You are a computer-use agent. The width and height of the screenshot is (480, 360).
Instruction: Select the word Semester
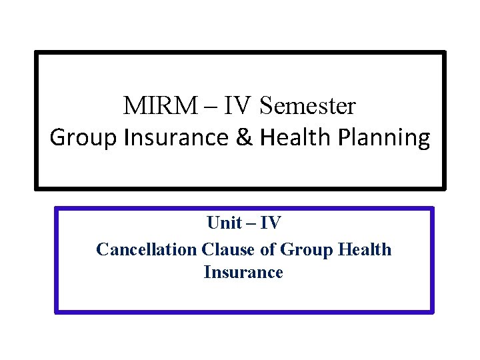tap(308, 105)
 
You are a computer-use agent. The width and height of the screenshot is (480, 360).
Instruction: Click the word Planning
tap(385, 138)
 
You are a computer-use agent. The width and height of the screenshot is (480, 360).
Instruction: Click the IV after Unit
tap(270, 223)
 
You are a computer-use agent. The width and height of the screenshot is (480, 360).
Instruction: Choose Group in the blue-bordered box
tap(307, 249)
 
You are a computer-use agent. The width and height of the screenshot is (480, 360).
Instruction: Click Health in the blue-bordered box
tap(365, 249)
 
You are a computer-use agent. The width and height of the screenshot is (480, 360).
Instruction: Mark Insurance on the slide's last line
tap(243, 273)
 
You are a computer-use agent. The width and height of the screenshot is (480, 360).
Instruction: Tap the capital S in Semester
tap(267, 105)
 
